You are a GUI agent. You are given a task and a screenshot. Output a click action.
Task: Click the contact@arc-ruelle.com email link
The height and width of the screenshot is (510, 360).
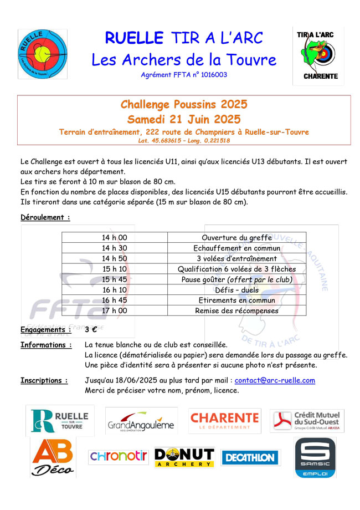click(275, 380)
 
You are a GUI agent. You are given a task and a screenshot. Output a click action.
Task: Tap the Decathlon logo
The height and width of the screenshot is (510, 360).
click(251, 457)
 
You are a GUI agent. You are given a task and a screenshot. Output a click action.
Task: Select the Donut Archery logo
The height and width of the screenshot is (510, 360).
click(184, 457)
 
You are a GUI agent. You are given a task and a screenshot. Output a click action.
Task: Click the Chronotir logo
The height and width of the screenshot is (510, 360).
click(119, 457)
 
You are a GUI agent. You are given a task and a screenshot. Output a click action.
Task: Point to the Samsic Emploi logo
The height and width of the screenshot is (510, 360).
click(315, 457)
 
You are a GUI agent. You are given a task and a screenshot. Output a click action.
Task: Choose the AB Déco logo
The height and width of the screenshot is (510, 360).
click(53, 458)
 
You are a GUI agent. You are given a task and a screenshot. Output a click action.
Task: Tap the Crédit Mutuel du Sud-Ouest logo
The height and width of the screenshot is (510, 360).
click(307, 421)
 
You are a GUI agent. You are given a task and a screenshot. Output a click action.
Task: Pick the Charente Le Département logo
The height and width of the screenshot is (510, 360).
click(224, 421)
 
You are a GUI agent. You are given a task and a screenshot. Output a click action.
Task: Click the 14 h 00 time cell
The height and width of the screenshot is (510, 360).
click(115, 238)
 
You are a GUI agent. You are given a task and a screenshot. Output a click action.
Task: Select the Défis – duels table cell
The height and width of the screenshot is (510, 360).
click(236, 290)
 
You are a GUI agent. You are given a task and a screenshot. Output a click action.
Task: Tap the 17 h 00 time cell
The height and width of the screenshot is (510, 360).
click(115, 311)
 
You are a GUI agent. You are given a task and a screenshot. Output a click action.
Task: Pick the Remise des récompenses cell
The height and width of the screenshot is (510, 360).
click(236, 311)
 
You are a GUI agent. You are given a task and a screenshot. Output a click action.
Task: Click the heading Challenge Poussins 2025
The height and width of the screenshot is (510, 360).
click(184, 104)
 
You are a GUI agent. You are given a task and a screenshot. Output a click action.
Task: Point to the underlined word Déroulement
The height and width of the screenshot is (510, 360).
click(44, 217)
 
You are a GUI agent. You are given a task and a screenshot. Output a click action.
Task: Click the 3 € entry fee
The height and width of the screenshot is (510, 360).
click(91, 330)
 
